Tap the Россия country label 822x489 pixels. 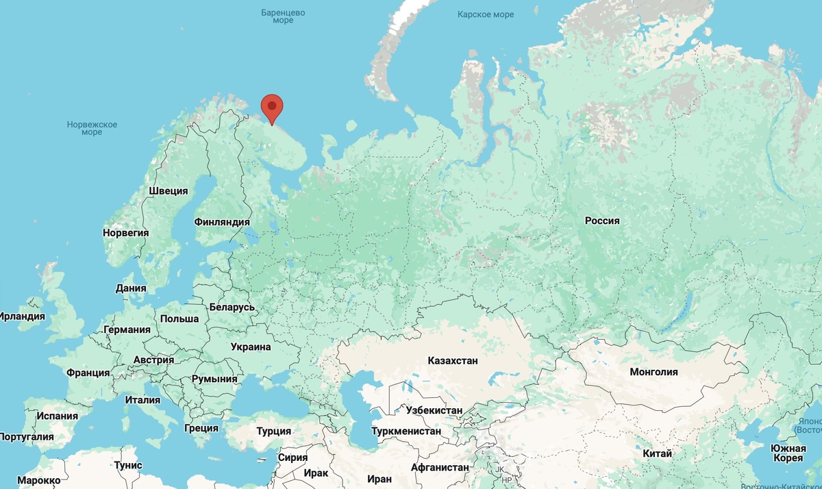[x=602, y=221]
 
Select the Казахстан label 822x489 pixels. [x=453, y=360]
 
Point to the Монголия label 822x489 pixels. [x=655, y=372]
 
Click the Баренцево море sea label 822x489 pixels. [x=283, y=16]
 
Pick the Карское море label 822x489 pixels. [x=486, y=14]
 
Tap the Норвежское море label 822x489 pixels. [x=92, y=128]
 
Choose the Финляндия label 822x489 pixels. [x=222, y=223]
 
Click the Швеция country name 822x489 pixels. [x=169, y=191]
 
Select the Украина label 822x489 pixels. [x=251, y=347]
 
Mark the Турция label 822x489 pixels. [x=274, y=431]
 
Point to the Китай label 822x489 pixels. [x=658, y=453]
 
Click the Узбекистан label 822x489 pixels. [x=434, y=410]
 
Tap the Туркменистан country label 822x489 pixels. [x=406, y=431]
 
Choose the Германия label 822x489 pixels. [x=127, y=329]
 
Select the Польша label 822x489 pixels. [x=179, y=318]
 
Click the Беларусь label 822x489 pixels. [x=232, y=307]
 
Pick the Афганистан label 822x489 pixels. [x=440, y=468]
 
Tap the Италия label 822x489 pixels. [x=143, y=400]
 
